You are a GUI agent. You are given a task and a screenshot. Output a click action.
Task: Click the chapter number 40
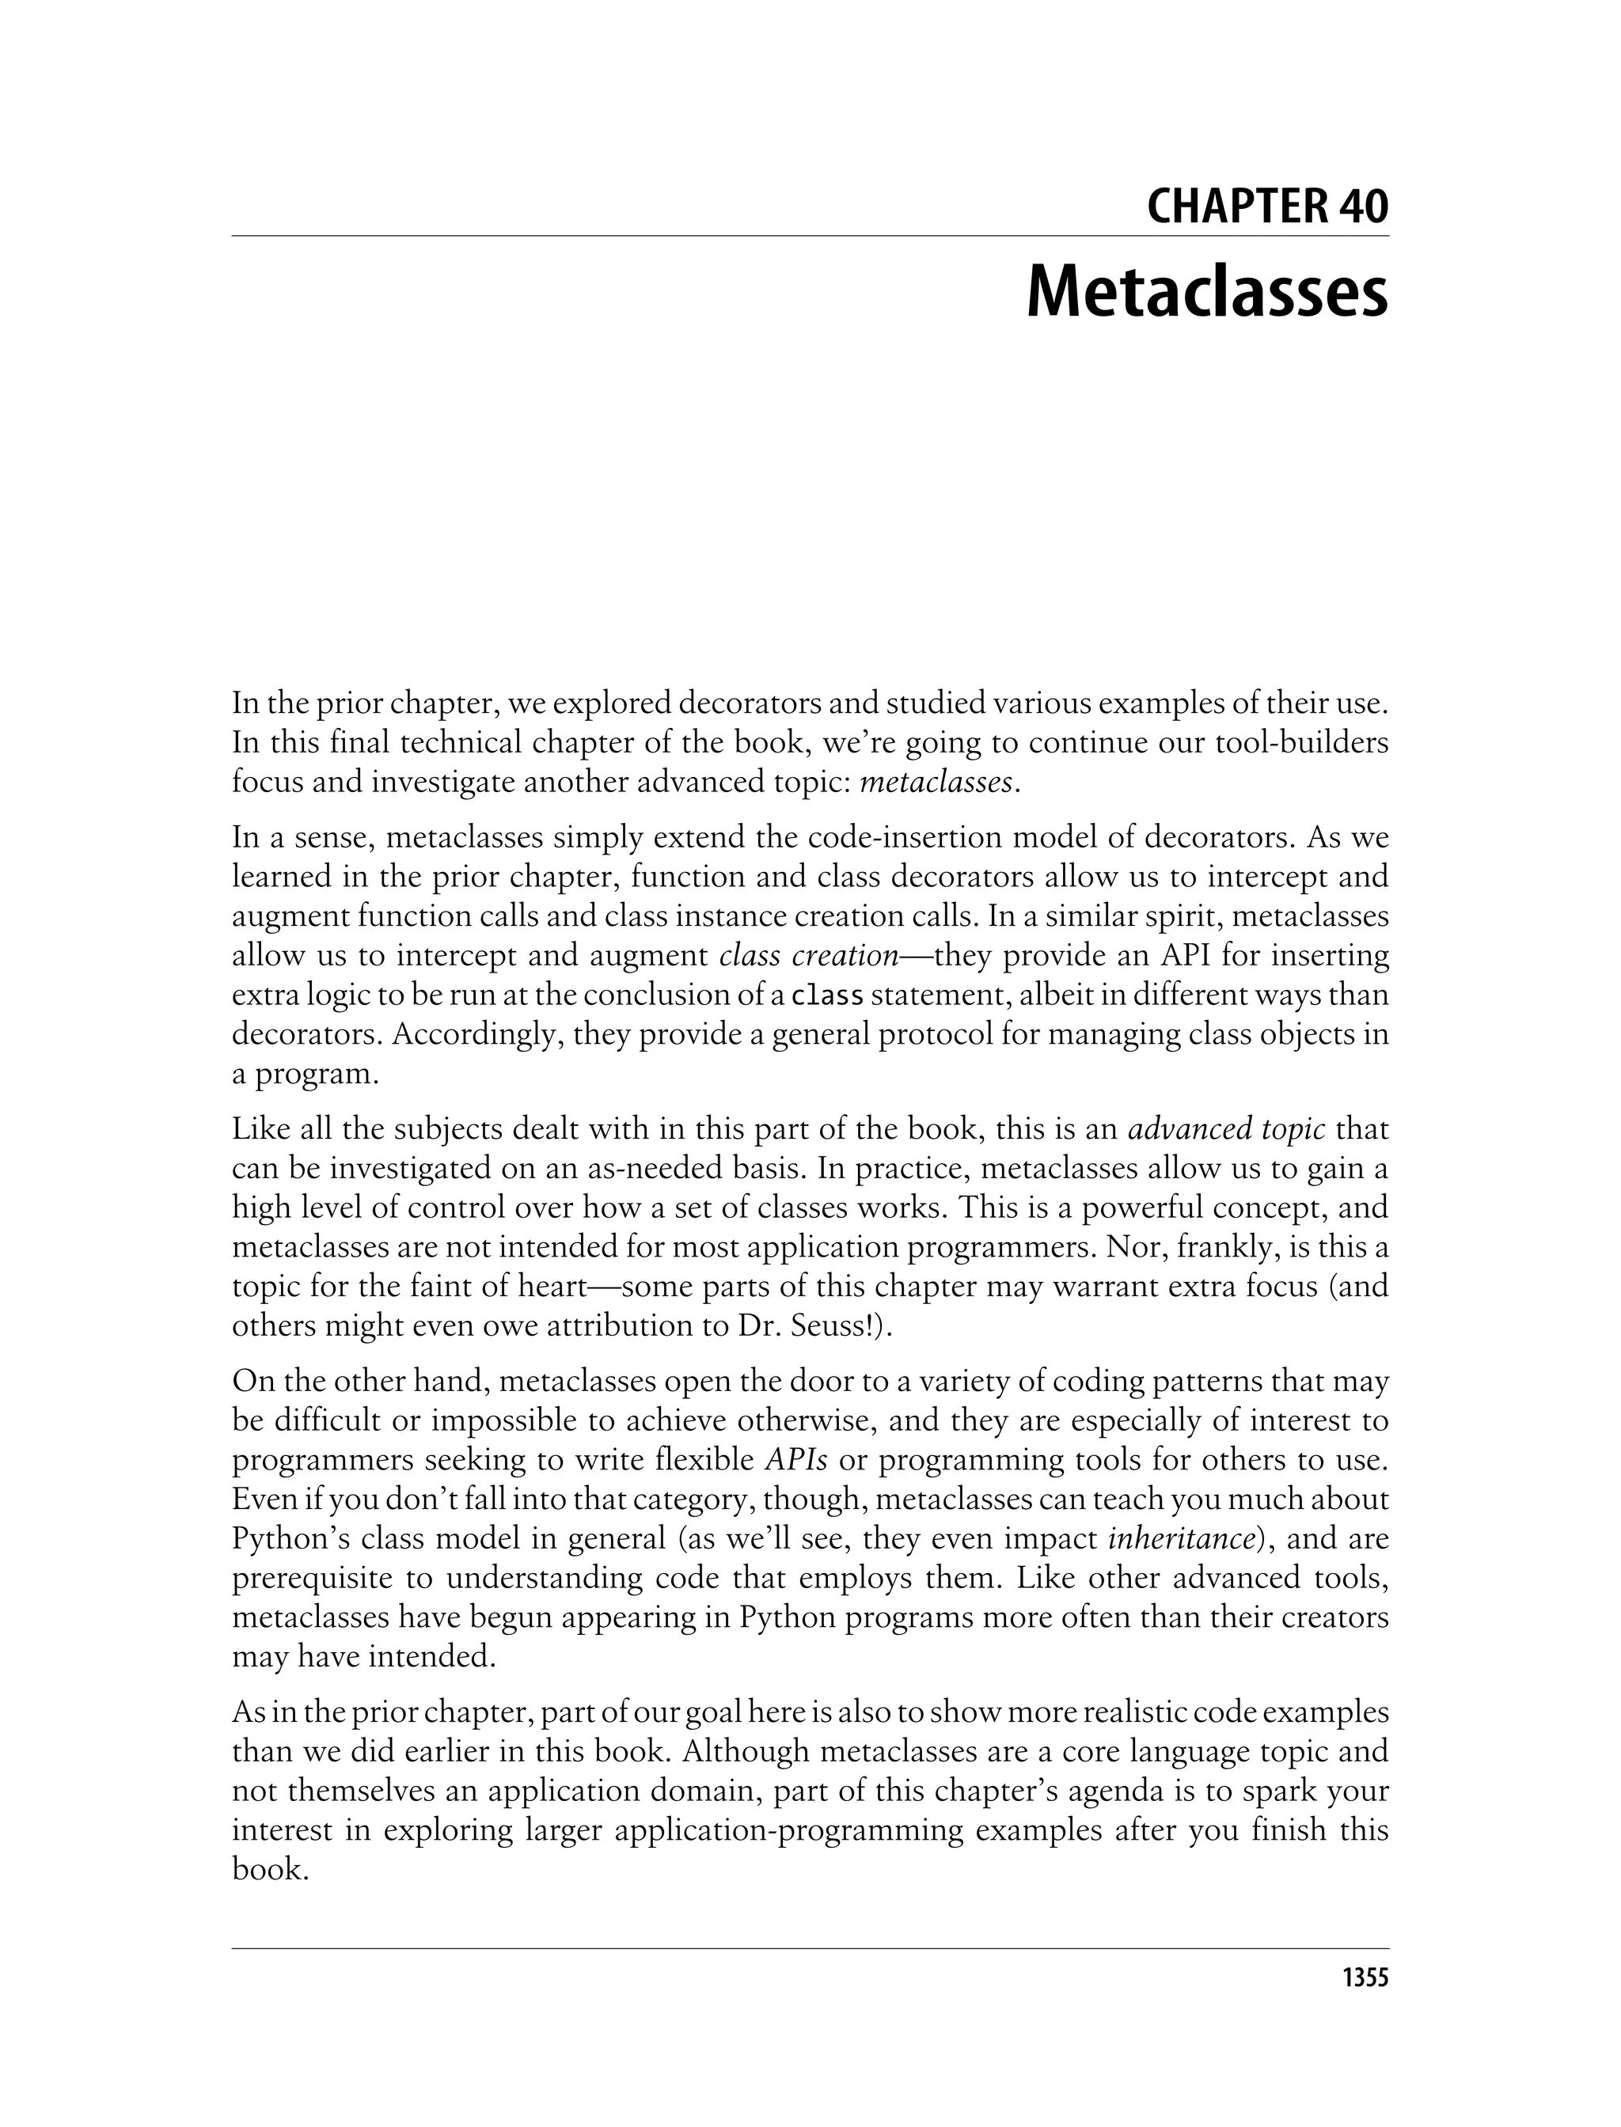[1364, 207]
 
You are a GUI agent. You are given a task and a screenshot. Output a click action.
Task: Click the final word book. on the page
[270, 1870]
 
